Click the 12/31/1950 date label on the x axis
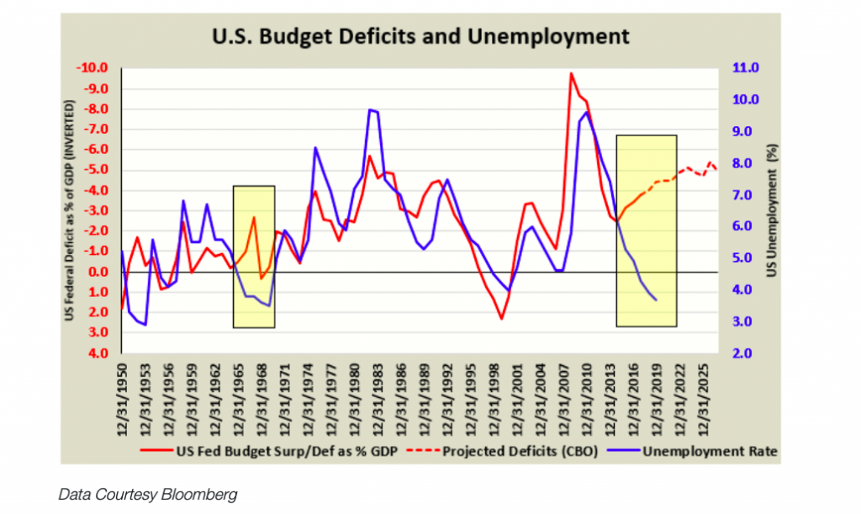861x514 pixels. coord(124,395)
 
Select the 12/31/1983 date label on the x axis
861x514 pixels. coord(382,395)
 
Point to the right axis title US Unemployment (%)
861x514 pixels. coord(771,210)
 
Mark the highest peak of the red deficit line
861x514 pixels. coord(571,73)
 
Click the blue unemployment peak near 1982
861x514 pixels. coord(370,110)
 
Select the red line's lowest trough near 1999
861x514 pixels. coord(502,319)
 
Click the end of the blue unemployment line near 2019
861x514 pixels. coord(656,300)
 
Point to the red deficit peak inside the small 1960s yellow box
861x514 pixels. coord(253,218)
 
